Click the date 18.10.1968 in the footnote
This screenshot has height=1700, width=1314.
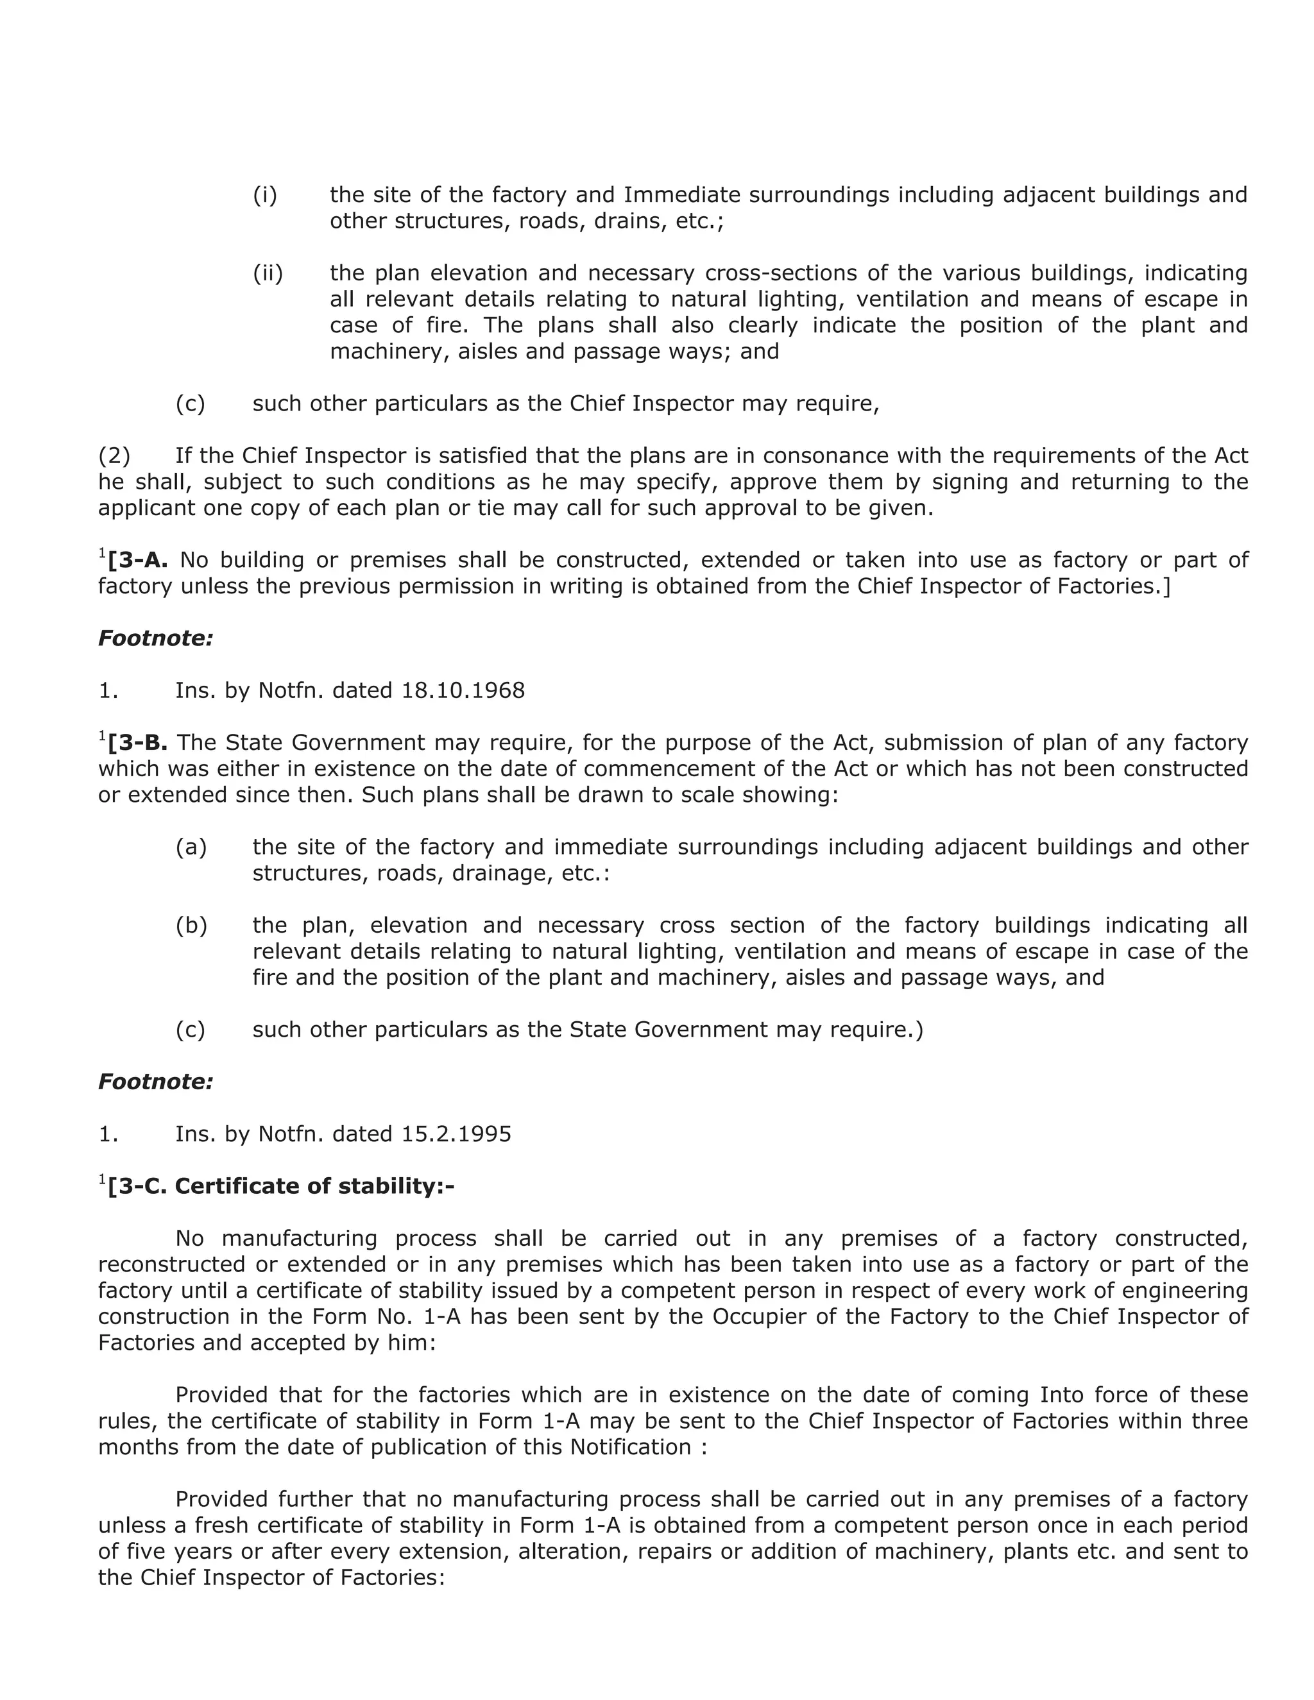tap(463, 690)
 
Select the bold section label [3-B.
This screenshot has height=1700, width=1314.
tap(138, 743)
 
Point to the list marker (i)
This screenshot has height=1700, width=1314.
tap(265, 194)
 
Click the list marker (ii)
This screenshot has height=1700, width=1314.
tap(268, 273)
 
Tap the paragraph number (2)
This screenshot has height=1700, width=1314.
tap(114, 455)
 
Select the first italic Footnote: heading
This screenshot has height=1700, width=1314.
tap(155, 638)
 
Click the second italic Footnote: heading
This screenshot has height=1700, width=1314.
tap(155, 1081)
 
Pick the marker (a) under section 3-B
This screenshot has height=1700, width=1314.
tap(191, 847)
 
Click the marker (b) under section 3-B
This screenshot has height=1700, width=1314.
tap(191, 926)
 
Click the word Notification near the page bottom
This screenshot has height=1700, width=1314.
tap(630, 1447)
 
